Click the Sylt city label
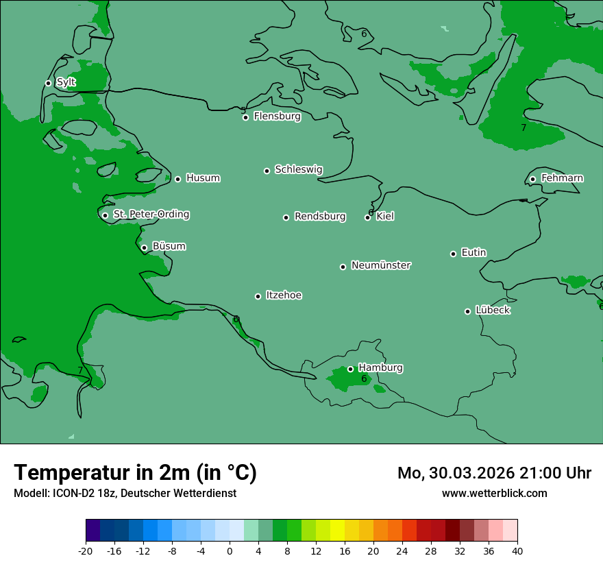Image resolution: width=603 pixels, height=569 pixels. click(x=66, y=82)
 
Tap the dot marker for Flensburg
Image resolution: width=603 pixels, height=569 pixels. click(x=245, y=117)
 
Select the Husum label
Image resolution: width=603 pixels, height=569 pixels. click(x=203, y=178)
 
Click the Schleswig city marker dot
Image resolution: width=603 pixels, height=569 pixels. click(x=267, y=171)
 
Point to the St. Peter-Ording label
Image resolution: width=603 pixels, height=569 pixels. click(x=151, y=215)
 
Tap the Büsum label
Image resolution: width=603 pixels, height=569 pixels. click(x=169, y=246)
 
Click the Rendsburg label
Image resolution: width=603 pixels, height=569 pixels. click(x=320, y=217)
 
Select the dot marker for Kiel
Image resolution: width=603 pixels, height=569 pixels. click(x=368, y=217)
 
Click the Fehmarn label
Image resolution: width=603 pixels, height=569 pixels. click(x=562, y=178)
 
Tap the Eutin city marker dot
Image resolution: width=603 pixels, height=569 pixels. click(x=453, y=254)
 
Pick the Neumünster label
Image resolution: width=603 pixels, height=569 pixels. click(x=381, y=265)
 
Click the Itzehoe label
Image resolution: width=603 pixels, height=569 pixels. click(x=284, y=295)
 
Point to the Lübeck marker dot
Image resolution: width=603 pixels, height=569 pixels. click(x=468, y=311)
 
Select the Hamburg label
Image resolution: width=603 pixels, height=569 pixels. click(x=380, y=368)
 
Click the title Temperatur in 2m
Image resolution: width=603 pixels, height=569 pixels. click(x=135, y=472)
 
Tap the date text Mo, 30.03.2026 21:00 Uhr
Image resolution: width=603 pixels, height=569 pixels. click(x=494, y=473)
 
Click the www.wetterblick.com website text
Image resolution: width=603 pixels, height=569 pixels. click(x=494, y=493)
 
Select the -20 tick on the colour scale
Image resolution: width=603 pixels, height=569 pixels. click(x=86, y=550)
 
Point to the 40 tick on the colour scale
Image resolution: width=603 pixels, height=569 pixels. click(x=517, y=550)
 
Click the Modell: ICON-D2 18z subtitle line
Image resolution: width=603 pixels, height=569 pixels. click(x=125, y=493)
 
